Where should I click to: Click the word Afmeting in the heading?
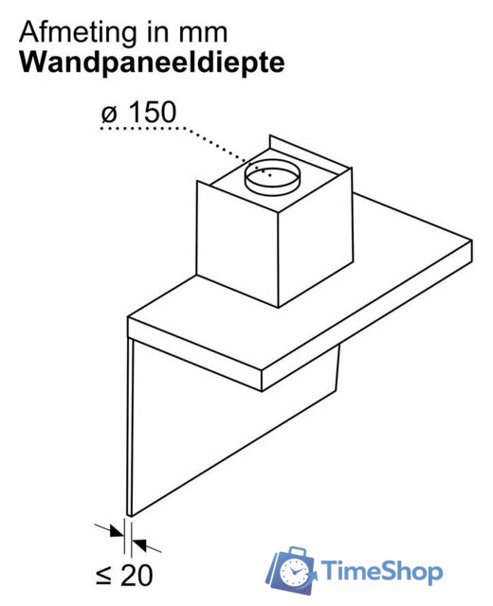pos(77,33)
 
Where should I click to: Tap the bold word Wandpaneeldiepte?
pos(152,62)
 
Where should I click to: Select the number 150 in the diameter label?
pos(152,112)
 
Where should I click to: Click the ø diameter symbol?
pos(109,114)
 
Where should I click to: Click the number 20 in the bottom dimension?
pos(137,576)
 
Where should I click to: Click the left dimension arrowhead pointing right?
pos(117,532)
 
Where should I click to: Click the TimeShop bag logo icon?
pos(291,570)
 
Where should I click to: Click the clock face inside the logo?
pos(293,572)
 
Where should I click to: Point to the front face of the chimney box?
pos(237,243)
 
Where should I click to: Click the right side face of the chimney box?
pos(316,238)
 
